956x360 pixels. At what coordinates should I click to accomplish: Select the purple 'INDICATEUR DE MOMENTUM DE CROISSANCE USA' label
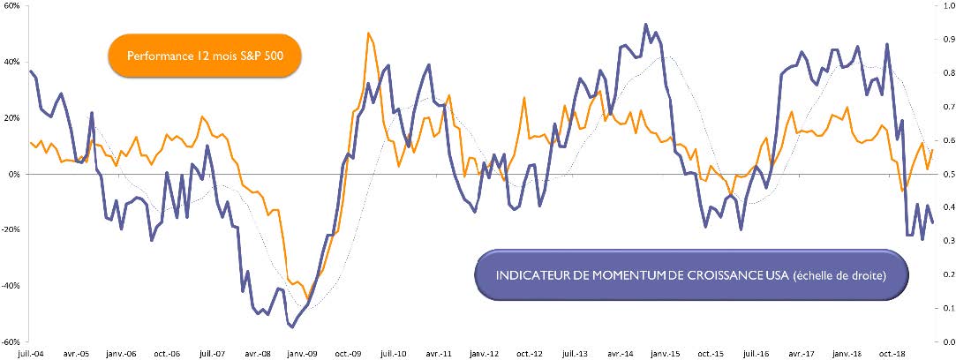click(x=691, y=251)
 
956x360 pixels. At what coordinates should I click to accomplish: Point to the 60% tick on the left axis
click(x=12, y=6)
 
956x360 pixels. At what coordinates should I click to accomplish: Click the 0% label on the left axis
click(x=16, y=174)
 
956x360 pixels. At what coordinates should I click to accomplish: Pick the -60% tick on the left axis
click(x=12, y=341)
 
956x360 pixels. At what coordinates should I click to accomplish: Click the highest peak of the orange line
click(x=368, y=34)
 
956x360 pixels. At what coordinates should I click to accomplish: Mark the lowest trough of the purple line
click(x=291, y=326)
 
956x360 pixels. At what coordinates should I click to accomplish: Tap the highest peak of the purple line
click(x=646, y=24)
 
